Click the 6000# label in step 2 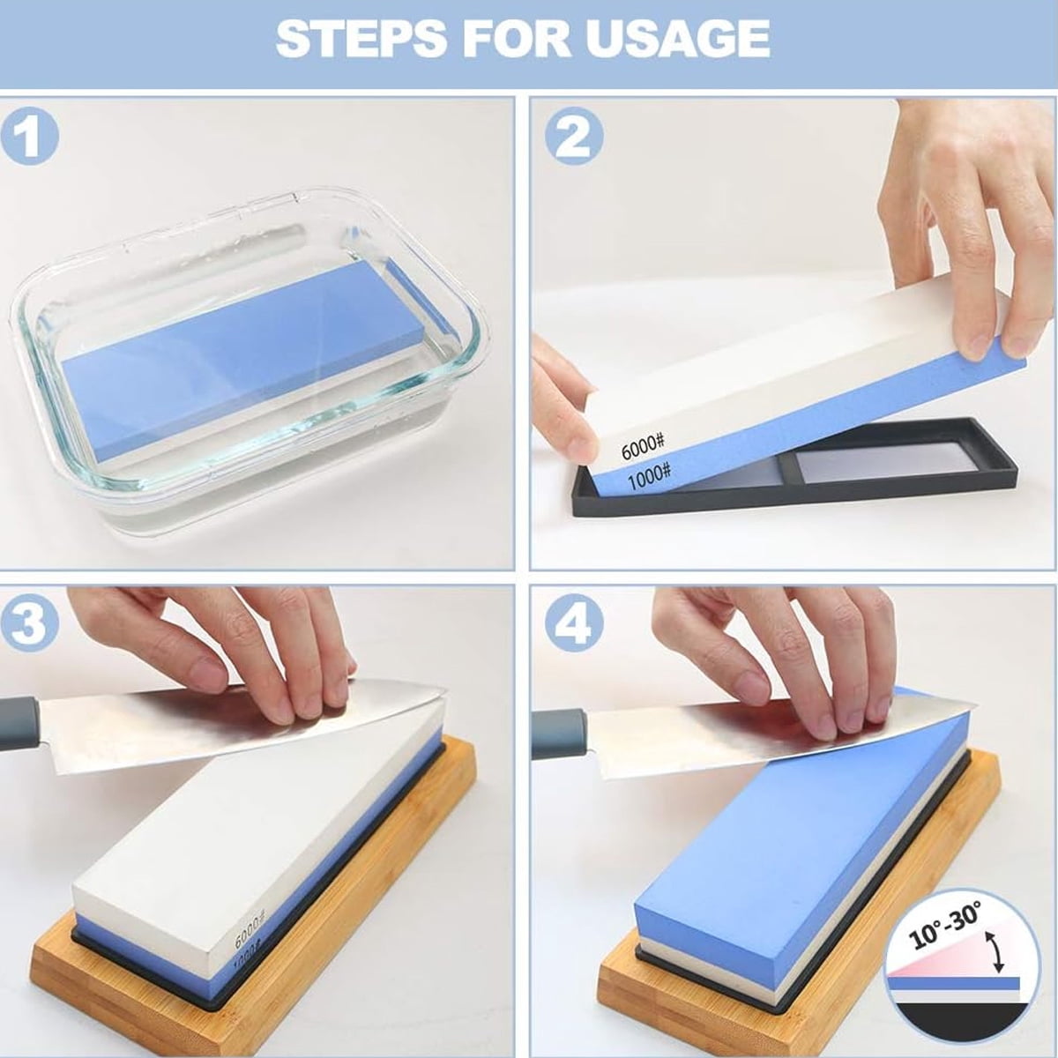(x=643, y=447)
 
